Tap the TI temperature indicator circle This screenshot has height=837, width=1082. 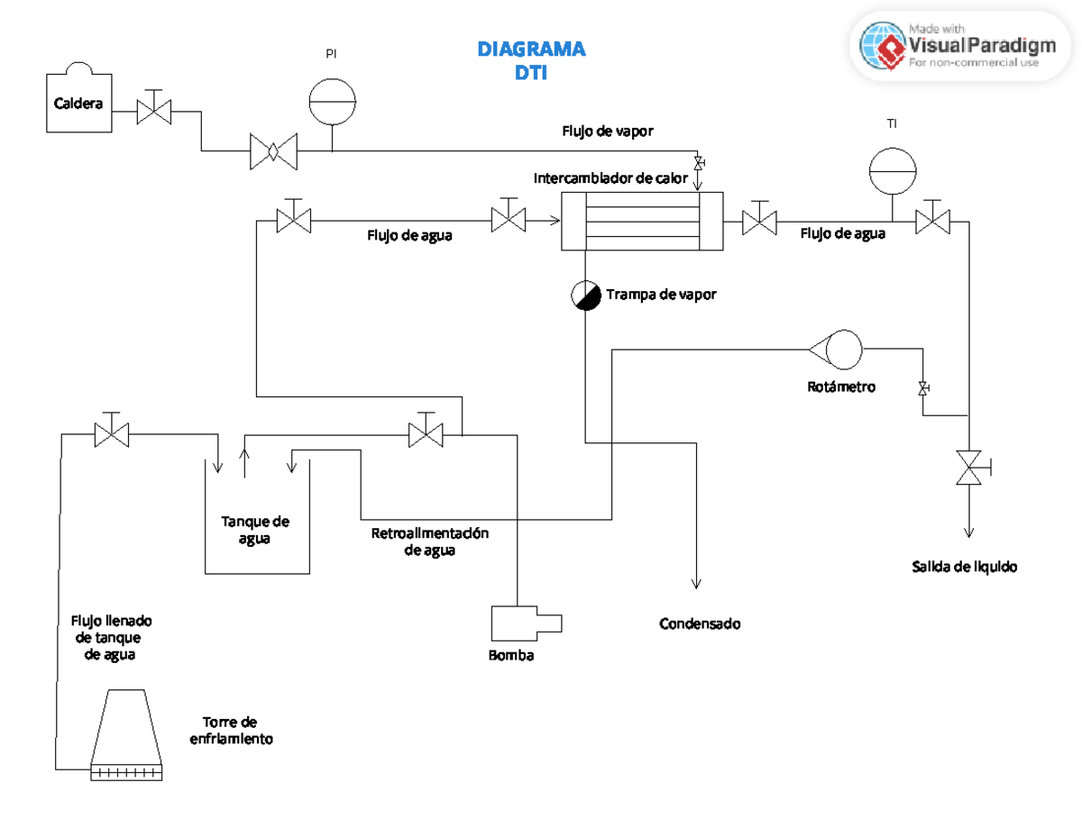point(892,171)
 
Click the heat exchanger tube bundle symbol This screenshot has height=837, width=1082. point(642,222)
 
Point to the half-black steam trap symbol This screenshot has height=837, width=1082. point(586,295)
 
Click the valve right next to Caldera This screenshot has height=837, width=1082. point(154,112)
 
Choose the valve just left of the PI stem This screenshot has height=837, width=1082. point(272,150)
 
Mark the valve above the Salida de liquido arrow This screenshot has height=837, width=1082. point(970,467)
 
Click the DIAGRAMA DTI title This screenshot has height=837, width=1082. point(531,60)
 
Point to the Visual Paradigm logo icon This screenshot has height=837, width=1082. point(882,45)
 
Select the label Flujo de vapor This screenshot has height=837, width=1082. point(608,131)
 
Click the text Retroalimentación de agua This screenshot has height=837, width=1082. point(429,541)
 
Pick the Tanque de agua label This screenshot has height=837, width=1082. point(255,530)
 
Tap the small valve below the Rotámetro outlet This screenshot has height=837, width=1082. point(922,388)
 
